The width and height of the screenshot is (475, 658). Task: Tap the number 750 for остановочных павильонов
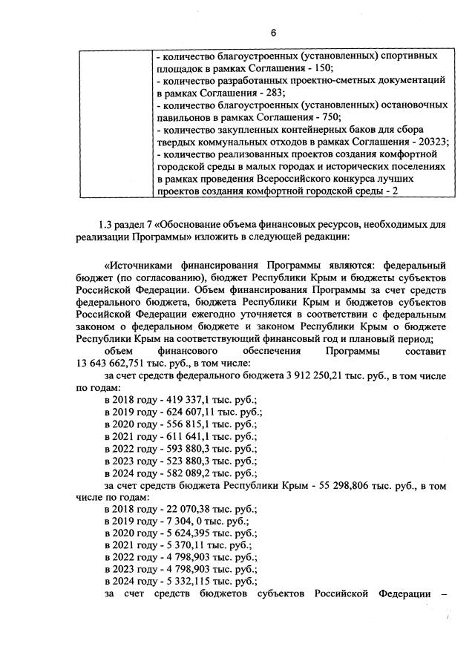(x=329, y=117)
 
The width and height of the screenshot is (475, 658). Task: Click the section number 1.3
(x=107, y=224)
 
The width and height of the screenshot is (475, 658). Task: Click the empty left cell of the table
(x=114, y=123)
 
